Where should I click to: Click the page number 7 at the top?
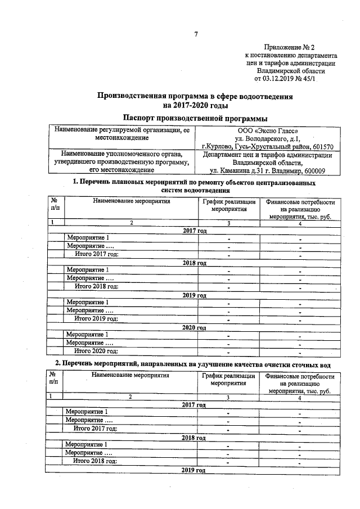pos(196,35)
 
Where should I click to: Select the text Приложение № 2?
pos(290,48)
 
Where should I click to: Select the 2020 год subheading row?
pos(195,327)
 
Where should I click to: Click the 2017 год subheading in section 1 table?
pos(195,231)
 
